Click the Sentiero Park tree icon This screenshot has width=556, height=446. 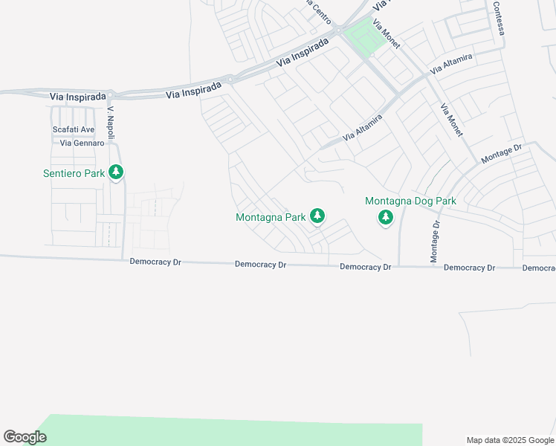point(115,172)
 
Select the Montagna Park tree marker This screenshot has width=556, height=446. point(317,216)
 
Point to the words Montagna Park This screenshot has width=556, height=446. point(271,218)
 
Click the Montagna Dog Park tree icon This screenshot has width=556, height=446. point(385,217)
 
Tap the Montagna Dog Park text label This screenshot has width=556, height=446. point(410,201)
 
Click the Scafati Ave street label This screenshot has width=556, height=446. point(73,129)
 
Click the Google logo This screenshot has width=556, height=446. point(25,437)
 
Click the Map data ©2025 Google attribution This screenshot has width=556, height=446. point(510,440)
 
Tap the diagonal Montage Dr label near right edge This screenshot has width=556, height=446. point(502,155)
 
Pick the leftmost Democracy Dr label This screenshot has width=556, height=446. point(155,262)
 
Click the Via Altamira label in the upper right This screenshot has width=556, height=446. point(450,63)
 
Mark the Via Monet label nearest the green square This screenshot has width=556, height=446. point(387,33)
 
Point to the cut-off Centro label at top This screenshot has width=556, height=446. point(318,11)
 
